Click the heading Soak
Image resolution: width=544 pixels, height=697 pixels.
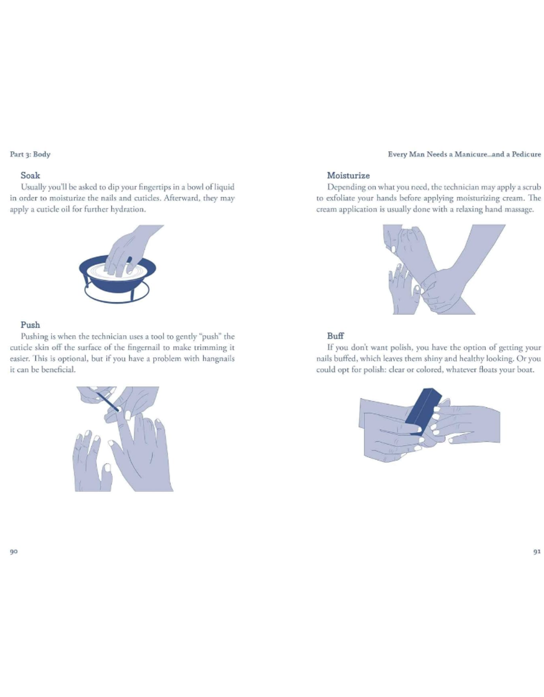(30, 176)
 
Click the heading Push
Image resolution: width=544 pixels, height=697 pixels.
(30, 325)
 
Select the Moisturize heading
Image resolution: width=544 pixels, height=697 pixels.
(348, 176)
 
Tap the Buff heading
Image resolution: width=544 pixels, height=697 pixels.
(335, 336)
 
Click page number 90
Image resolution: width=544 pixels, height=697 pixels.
(14, 552)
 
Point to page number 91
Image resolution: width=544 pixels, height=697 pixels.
(537, 552)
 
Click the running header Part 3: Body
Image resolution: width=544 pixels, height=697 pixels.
(30, 155)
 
